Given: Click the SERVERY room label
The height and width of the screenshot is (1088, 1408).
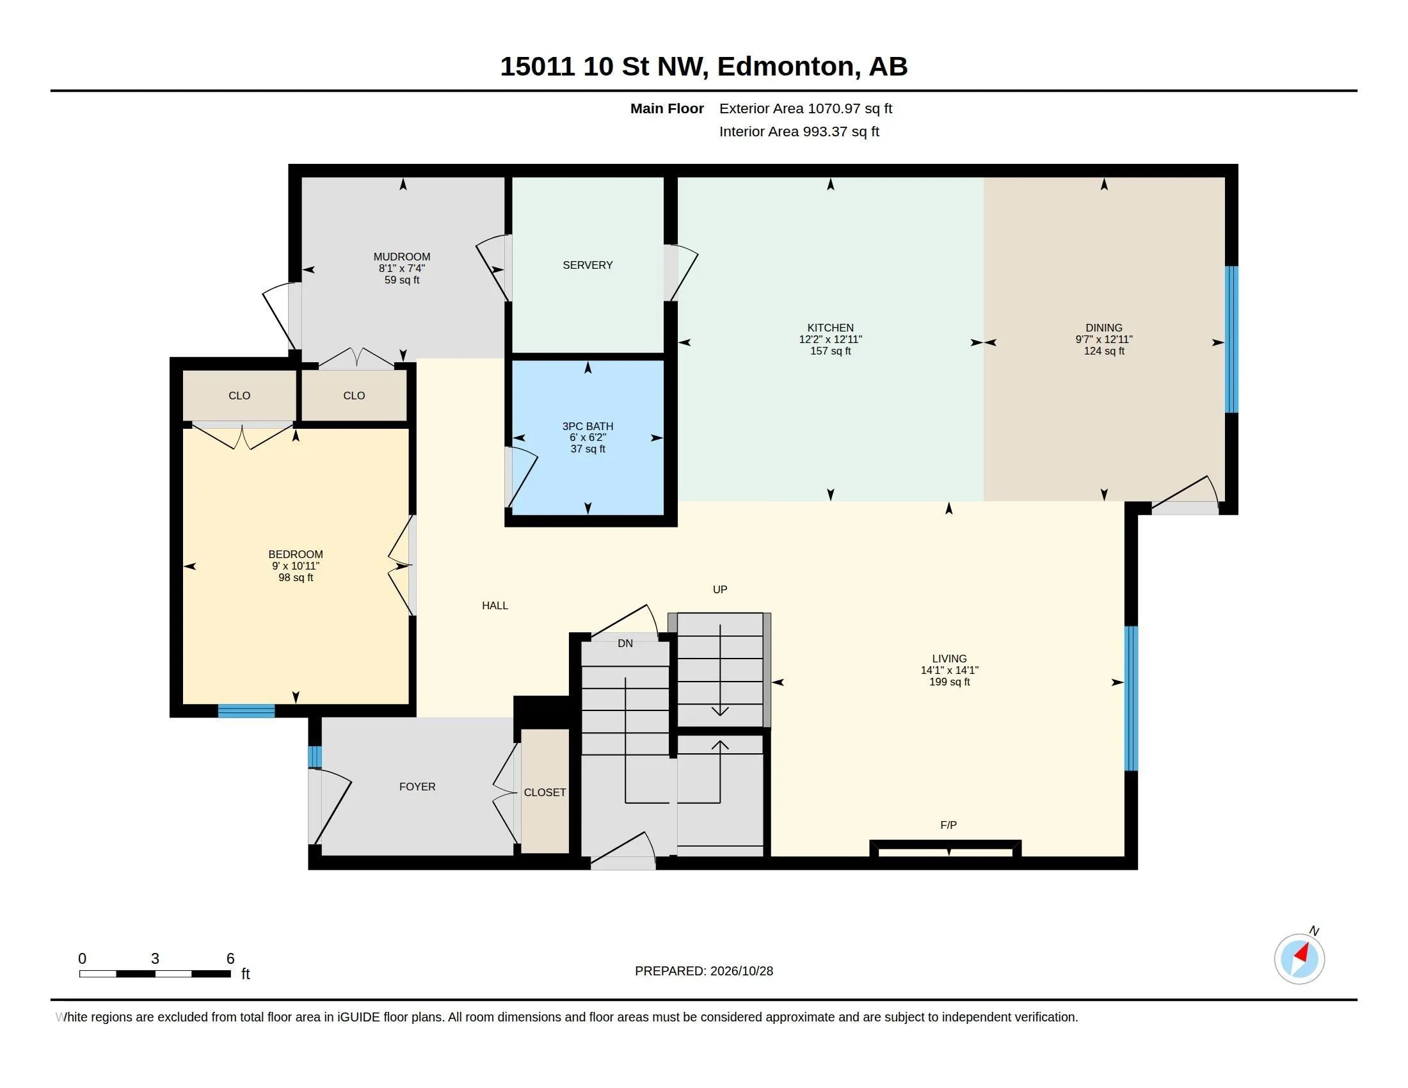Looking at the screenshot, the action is [588, 265].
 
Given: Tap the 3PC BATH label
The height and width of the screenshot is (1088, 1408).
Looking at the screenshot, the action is [588, 426].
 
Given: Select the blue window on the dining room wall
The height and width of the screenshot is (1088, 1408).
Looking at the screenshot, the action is [1231, 339].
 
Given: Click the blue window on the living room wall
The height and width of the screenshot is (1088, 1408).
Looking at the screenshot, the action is [1131, 698].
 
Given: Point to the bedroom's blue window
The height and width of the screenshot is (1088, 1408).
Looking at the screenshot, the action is [246, 711].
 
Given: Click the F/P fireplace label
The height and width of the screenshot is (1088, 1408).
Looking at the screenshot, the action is [948, 825].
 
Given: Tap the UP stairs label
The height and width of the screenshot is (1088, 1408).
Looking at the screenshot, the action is [720, 589].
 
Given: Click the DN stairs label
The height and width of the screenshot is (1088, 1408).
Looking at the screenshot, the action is [625, 643].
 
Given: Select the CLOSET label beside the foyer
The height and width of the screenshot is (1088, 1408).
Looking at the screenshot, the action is [545, 792].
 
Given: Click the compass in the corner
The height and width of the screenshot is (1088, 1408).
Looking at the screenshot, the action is [1299, 959].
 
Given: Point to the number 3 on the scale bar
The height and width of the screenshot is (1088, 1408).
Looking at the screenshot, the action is [155, 959].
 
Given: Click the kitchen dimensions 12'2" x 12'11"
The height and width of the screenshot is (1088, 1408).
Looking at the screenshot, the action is [830, 339].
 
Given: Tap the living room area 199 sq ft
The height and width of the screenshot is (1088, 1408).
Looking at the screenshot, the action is [949, 682].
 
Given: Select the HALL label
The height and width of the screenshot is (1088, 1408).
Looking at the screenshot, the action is [495, 605].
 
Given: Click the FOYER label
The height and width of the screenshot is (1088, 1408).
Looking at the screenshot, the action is [417, 787].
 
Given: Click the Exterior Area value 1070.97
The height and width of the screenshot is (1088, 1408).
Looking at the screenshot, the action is [834, 108].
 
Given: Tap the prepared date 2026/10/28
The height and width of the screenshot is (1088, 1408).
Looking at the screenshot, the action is [741, 971].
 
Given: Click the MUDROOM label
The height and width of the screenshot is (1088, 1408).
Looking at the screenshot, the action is [402, 257].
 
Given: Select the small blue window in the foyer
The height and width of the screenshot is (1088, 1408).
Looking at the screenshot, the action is [315, 756].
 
